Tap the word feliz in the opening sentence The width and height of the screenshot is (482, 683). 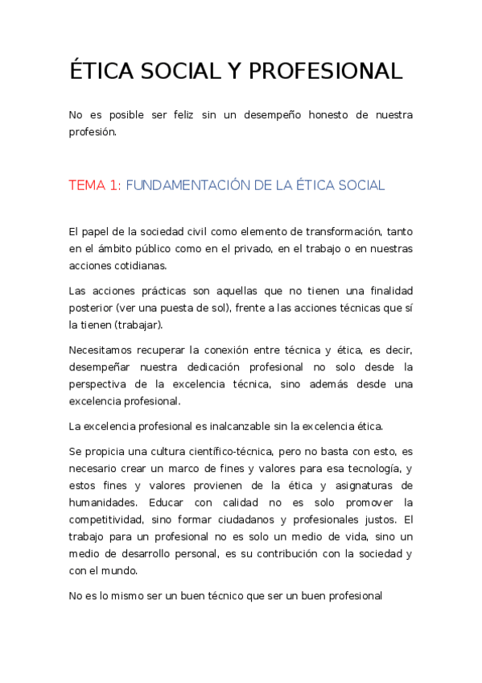(186, 115)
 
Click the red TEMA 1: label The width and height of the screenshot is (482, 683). (95, 185)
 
